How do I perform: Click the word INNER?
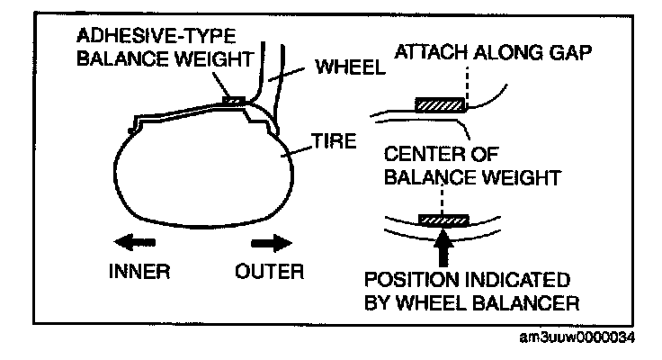click(133, 271)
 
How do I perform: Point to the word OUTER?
click(269, 271)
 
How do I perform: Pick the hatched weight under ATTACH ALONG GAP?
click(440, 104)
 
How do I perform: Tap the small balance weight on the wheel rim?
click(232, 101)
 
